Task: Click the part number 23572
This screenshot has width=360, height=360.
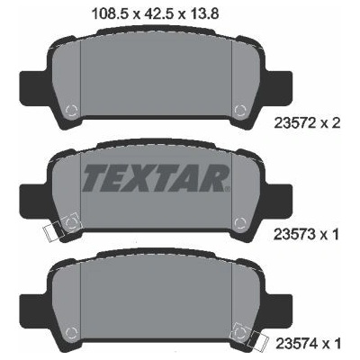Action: [295, 122]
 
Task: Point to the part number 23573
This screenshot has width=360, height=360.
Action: [294, 234]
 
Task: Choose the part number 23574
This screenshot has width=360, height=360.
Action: [296, 343]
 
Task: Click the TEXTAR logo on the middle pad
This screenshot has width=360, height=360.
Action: [155, 178]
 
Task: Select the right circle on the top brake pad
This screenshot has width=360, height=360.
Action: [240, 110]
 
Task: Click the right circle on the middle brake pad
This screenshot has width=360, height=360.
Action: [240, 223]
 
